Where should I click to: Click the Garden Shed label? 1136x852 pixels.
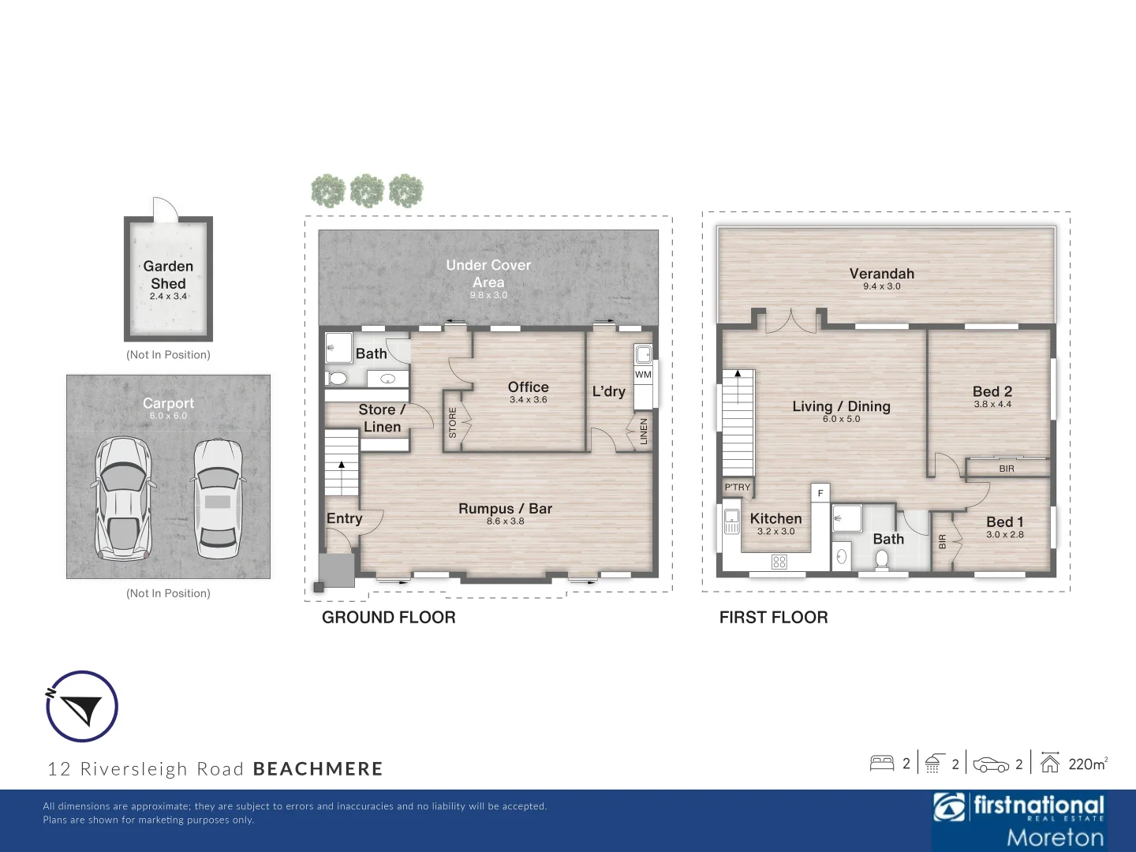[168, 275]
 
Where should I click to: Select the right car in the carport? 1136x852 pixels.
[217, 497]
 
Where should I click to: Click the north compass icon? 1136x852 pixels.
[81, 707]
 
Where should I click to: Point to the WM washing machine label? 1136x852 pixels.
[643, 375]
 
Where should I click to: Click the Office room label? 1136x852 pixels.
[528, 387]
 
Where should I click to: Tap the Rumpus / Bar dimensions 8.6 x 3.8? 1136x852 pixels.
[505, 521]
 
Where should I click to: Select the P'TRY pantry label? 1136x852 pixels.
[738, 488]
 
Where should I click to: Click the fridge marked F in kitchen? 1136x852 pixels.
[820, 493]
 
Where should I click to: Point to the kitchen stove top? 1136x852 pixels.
[779, 562]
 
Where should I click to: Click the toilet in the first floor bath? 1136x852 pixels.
[882, 559]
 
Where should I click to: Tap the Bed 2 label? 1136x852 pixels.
[992, 391]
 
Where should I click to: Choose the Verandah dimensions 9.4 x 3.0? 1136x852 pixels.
[881, 286]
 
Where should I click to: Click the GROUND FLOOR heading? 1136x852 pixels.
[388, 618]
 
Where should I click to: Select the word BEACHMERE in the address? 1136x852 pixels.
[317, 769]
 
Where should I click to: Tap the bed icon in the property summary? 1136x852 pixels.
[881, 763]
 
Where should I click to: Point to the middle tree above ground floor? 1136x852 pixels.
[367, 191]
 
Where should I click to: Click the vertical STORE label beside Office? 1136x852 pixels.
[453, 423]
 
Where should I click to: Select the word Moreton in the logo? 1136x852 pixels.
[1055, 837]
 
